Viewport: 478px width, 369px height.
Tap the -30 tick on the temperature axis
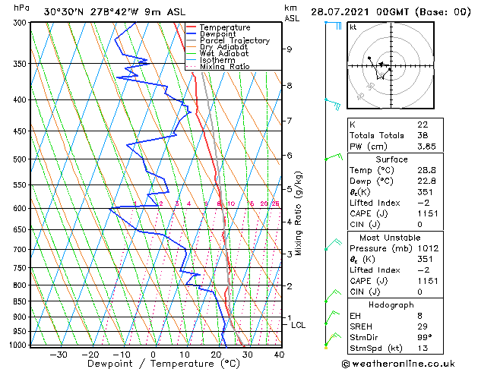58,354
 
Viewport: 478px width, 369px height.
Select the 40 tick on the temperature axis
279,354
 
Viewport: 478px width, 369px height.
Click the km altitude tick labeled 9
289,49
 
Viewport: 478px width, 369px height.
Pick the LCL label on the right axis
299,325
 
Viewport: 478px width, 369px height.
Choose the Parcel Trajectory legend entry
234,41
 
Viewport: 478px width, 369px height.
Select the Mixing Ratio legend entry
225,67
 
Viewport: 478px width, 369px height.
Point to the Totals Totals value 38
423,135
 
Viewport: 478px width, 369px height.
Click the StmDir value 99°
425,338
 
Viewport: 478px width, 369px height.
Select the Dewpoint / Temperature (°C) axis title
153,364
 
